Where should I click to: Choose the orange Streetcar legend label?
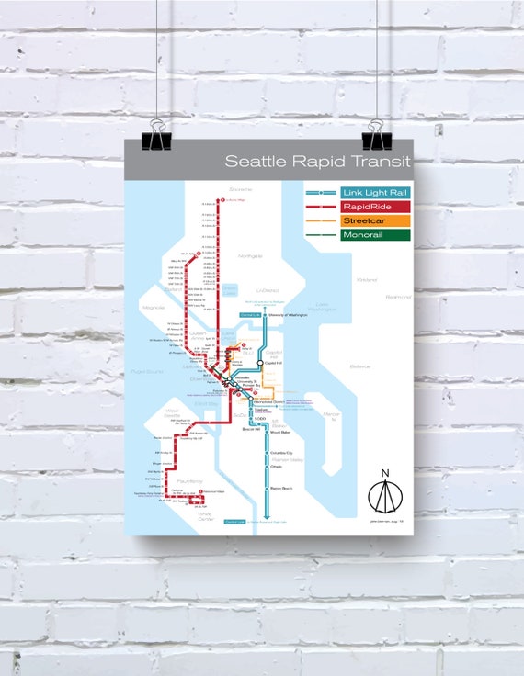pos(366,221)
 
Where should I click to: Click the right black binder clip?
pos(377,140)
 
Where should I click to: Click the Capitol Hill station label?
pos(277,363)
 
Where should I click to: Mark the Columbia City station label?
pos(281,453)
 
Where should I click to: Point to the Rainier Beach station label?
pos(281,488)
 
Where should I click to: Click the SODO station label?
pos(259,418)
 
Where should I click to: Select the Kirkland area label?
pos(368,279)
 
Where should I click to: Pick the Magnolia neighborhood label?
pos(154,308)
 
